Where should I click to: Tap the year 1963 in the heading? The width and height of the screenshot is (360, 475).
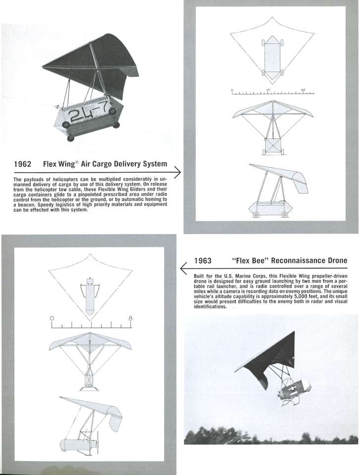[203, 261]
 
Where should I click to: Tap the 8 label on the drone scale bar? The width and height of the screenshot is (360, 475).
[131, 318]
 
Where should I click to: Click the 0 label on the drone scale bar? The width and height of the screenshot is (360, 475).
[51, 318]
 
